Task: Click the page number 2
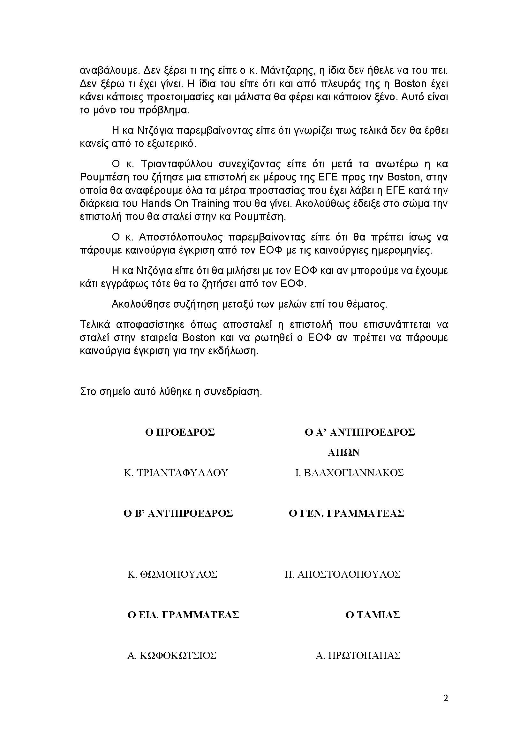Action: [x=445, y=698]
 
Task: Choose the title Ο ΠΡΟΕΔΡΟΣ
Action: [x=180, y=432]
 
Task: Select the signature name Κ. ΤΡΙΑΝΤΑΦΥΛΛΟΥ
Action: [x=176, y=473]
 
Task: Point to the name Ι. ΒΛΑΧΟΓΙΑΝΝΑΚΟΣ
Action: [x=349, y=473]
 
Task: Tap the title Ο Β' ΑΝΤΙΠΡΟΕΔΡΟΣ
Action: [x=178, y=514]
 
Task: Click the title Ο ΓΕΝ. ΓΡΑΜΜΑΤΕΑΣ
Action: [x=346, y=514]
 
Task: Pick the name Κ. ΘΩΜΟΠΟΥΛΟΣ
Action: [x=172, y=575]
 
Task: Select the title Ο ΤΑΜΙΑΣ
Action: [x=373, y=615]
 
